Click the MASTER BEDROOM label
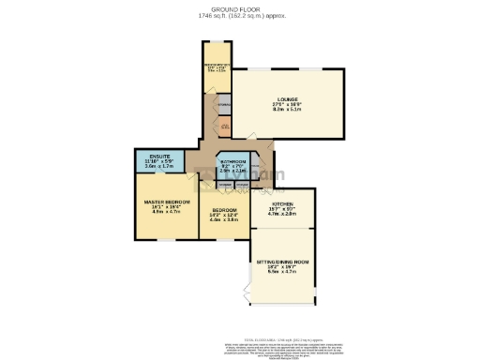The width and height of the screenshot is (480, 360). pos(166,202)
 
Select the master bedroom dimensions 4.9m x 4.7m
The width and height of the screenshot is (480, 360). pos(166,213)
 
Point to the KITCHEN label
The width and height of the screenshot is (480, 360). pos(281,202)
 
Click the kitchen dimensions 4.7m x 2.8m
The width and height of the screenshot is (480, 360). pos(281,214)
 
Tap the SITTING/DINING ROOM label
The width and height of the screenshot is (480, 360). pos(282,262)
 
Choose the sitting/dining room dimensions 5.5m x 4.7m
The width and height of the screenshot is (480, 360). pos(282,273)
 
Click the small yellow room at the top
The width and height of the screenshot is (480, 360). pos(217,67)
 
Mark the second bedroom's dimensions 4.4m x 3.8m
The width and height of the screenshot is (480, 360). pos(225,219)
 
